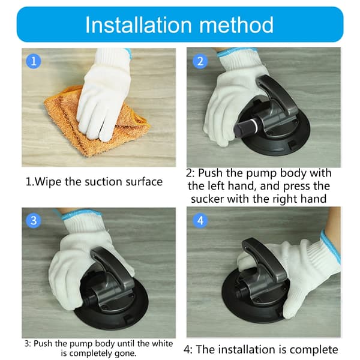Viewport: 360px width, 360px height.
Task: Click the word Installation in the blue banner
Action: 139,25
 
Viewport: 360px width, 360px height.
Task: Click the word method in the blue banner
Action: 236,25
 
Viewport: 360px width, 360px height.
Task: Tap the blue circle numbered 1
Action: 34,61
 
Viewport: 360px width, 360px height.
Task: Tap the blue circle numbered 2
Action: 200,61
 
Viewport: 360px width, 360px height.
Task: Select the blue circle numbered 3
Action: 34,220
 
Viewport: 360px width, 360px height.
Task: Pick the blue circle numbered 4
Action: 200,220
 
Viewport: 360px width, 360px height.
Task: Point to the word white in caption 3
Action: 163,343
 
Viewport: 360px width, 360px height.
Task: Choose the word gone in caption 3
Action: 125,353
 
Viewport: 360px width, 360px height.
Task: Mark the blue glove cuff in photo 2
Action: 235,52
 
